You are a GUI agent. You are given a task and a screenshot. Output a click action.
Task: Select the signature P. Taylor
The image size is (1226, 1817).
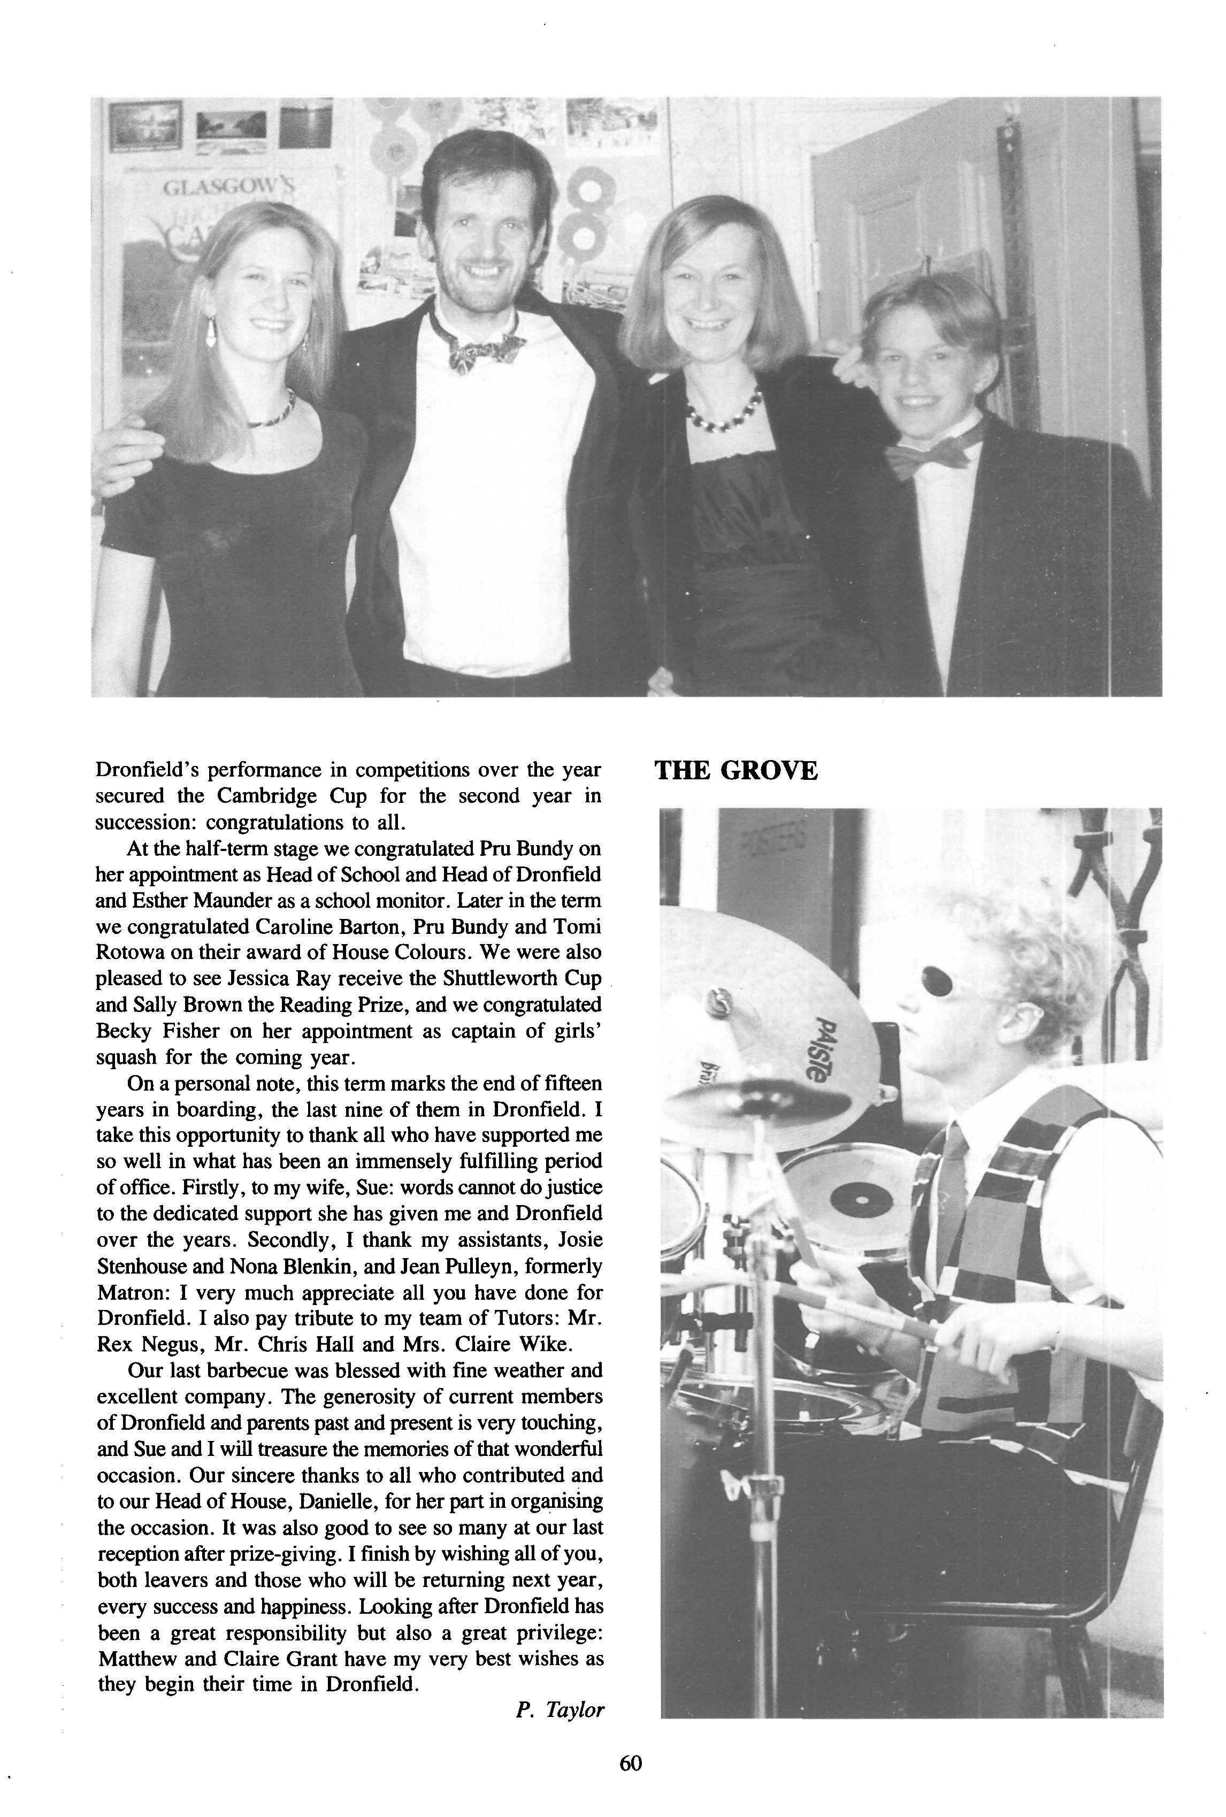[560, 1709]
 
